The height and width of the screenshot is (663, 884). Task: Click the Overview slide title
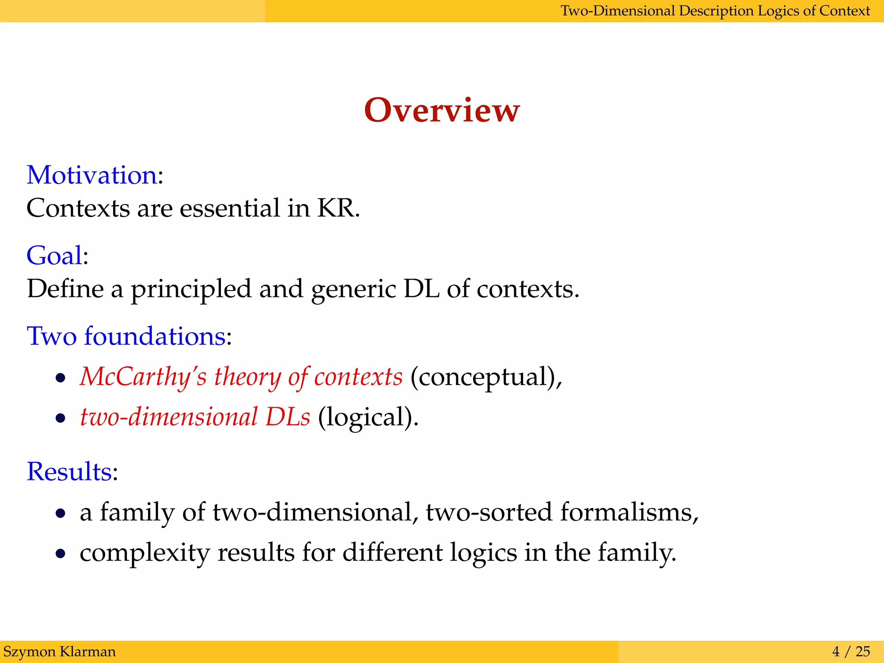(442, 110)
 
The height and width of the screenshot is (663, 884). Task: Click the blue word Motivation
(92, 175)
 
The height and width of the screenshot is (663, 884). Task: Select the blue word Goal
(54, 256)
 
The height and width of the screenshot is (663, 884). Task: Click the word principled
(191, 289)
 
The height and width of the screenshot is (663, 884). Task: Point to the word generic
(353, 289)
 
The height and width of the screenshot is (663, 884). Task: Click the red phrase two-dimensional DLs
(195, 417)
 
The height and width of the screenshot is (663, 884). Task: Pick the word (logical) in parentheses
(368, 417)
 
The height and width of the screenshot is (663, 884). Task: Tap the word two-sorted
(489, 512)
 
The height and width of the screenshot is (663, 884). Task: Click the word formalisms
(628, 512)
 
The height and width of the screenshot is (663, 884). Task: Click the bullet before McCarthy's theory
(60, 378)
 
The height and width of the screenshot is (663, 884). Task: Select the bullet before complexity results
(60, 553)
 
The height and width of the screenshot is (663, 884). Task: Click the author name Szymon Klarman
(60, 651)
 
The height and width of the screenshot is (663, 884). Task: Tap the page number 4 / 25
(851, 651)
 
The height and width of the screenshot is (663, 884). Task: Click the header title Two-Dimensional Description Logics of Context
(715, 11)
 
